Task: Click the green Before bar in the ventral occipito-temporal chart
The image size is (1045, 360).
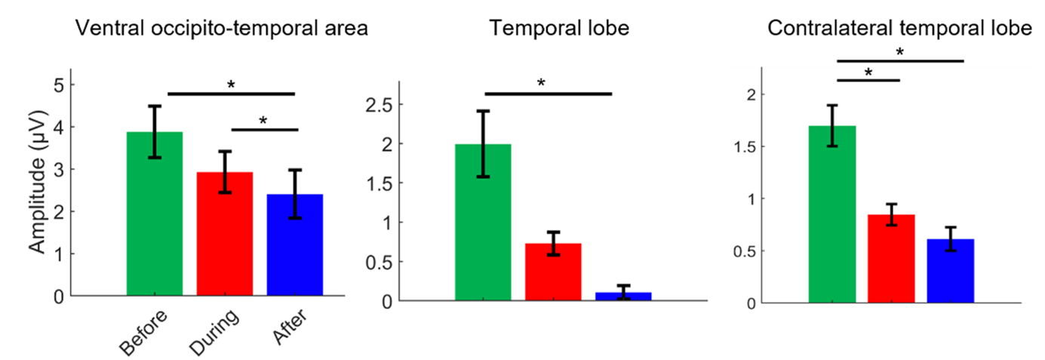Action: [x=155, y=219]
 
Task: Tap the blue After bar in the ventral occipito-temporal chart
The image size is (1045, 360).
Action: [x=295, y=249]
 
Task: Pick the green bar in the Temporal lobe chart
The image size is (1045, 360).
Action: [x=483, y=226]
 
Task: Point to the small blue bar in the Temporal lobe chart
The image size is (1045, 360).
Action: [x=623, y=297]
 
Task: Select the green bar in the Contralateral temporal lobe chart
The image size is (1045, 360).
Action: [x=832, y=219]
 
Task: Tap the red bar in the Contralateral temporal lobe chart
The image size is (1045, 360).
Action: [x=891, y=260]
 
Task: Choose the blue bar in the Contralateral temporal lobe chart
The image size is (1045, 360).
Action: [x=951, y=272]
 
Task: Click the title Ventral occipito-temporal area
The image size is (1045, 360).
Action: [x=221, y=29]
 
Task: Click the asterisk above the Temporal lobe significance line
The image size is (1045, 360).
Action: [x=541, y=82]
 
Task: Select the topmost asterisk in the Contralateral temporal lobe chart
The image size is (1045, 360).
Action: [x=899, y=51]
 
